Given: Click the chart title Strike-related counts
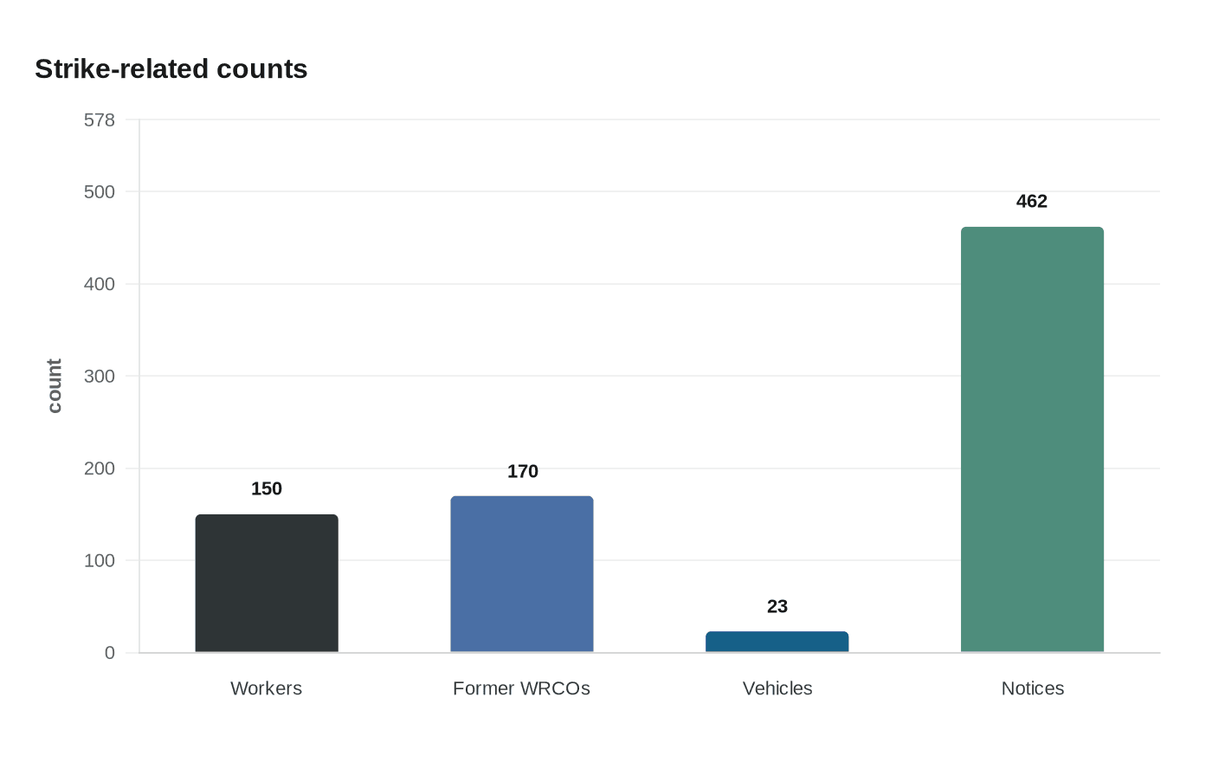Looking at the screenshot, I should pyautogui.click(x=171, y=69).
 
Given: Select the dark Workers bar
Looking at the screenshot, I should pyautogui.click(x=267, y=584).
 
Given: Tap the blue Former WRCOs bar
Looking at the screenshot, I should pyautogui.click(x=522, y=574).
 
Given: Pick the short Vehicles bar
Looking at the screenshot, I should pyautogui.click(x=777, y=642).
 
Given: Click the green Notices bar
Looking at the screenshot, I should pyautogui.click(x=1032, y=440).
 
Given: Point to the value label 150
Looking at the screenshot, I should pyautogui.click(x=267, y=489).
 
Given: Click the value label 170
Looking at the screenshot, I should pyautogui.click(x=522, y=472).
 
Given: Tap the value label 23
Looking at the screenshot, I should pyautogui.click(x=777, y=607).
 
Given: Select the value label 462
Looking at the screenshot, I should pyautogui.click(x=1032, y=202).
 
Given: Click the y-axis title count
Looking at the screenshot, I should pyautogui.click(x=55, y=386).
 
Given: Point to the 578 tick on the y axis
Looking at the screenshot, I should pyautogui.click(x=100, y=120).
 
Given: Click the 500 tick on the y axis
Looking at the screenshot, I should pyautogui.click(x=100, y=192).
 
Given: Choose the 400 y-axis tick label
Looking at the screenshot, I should pyautogui.click(x=100, y=284).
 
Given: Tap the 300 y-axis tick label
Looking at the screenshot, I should pyautogui.click(x=100, y=377).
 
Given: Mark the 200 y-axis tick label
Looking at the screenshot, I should pyautogui.click(x=100, y=468).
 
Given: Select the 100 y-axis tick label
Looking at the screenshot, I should pyautogui.click(x=100, y=561).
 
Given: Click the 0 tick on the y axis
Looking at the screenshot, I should pyautogui.click(x=109, y=653).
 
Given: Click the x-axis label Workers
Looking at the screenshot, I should pyautogui.click(x=267, y=688).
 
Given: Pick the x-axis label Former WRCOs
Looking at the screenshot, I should pyautogui.click(x=522, y=688).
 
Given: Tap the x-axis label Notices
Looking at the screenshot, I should pyautogui.click(x=1032, y=688).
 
